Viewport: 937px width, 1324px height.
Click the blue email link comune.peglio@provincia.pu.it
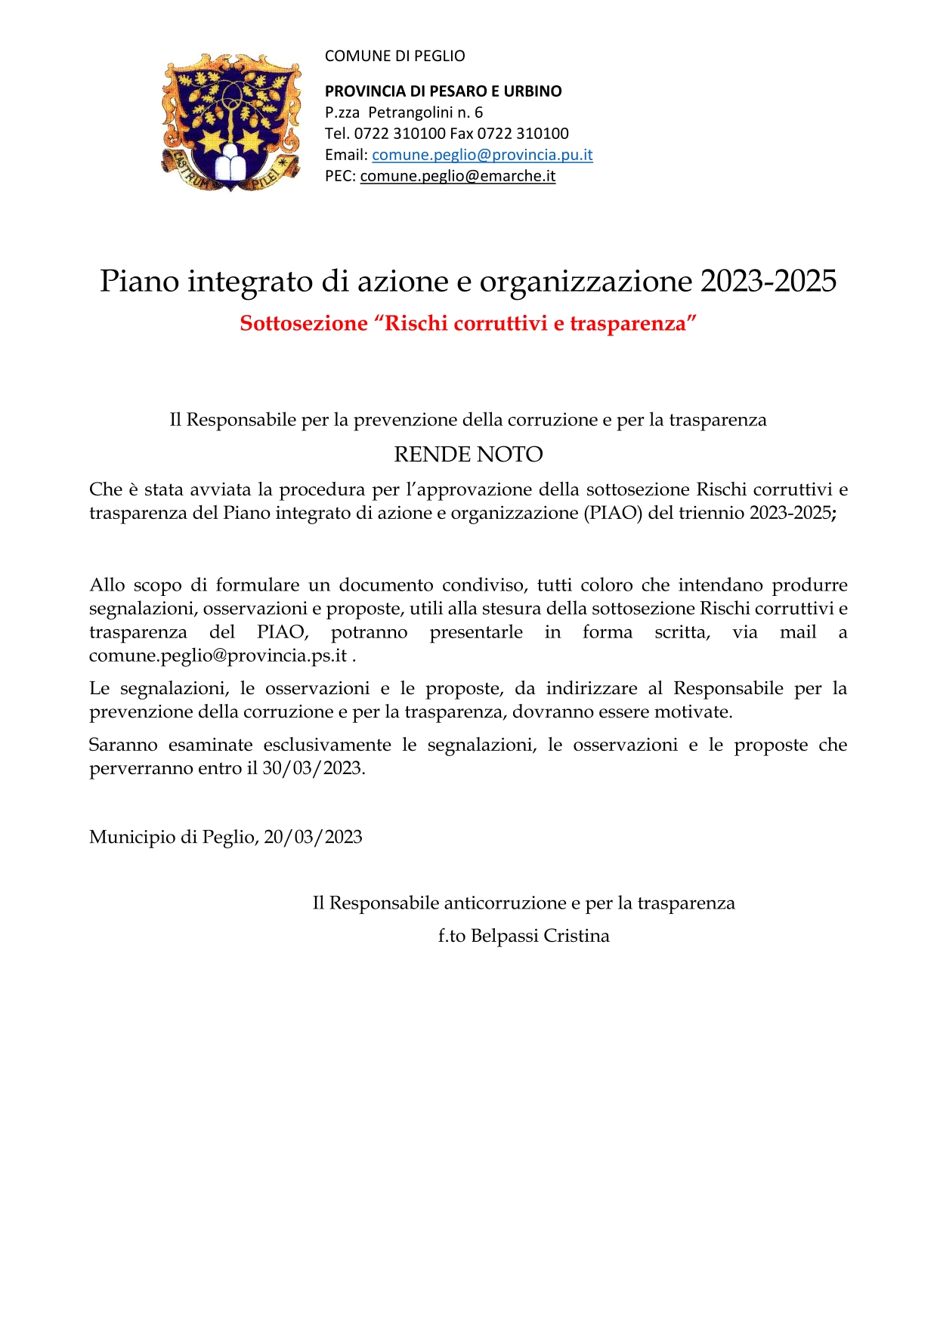tap(482, 155)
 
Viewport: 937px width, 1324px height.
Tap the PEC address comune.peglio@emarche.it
tap(458, 176)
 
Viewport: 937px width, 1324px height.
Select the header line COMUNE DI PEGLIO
tap(394, 56)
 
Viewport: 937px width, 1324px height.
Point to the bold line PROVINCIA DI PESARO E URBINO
tap(443, 91)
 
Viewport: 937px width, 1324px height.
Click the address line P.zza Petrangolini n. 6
tap(404, 113)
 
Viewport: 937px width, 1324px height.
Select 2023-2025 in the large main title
tap(768, 281)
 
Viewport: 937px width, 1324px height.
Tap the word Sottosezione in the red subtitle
tap(304, 323)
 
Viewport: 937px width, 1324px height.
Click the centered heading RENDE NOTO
tap(468, 454)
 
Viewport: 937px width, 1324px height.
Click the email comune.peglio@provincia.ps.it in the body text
tap(218, 655)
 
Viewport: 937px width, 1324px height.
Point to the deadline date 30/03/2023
tap(313, 768)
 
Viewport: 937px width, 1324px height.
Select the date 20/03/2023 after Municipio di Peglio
tap(313, 837)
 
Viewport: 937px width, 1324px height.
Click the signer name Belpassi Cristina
tap(540, 936)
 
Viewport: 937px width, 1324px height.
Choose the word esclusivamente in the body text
tap(327, 745)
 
